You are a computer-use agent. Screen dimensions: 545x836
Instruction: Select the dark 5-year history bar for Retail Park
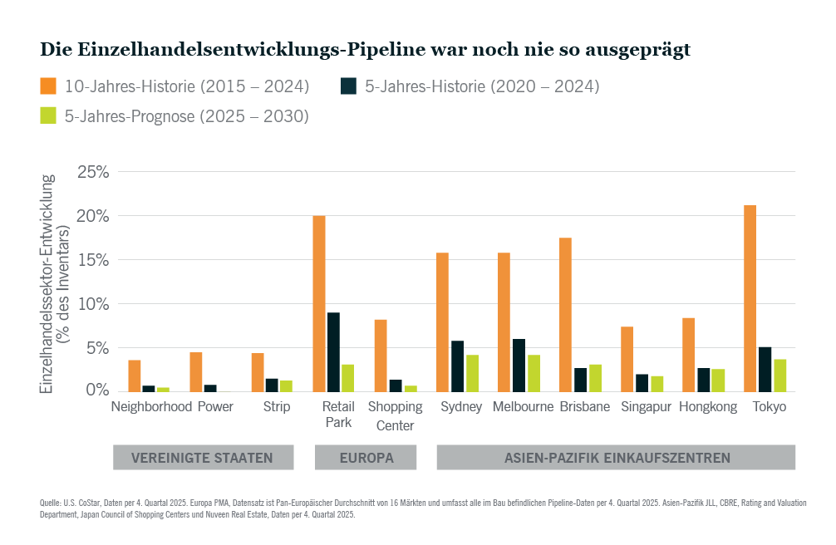[333, 352]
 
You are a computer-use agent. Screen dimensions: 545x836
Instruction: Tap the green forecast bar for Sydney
[472, 373]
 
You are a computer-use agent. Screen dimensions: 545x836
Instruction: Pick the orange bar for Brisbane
[565, 315]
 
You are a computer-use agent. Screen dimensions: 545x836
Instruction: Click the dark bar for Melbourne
[519, 366]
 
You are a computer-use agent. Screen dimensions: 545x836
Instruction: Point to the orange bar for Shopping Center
[380, 356]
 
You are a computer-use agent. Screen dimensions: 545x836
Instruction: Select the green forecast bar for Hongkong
[718, 381]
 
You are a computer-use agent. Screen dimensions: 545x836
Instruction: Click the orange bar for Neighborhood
[134, 376]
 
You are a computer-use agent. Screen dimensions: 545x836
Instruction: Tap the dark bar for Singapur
[642, 383]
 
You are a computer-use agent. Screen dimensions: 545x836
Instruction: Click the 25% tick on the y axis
[92, 172]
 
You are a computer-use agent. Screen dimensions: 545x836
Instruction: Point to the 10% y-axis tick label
[92, 304]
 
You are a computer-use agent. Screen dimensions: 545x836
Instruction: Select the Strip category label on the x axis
[277, 407]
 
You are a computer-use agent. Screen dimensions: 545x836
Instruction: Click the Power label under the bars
[215, 407]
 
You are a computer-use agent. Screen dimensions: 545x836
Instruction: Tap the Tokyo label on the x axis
[769, 407]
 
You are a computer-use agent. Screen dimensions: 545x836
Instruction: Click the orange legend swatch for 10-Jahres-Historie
[48, 86]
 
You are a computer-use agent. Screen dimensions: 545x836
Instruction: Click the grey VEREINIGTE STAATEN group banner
[204, 458]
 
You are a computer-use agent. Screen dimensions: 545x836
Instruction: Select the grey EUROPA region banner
[366, 458]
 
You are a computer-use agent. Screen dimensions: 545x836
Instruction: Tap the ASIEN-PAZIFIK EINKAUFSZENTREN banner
[617, 458]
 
